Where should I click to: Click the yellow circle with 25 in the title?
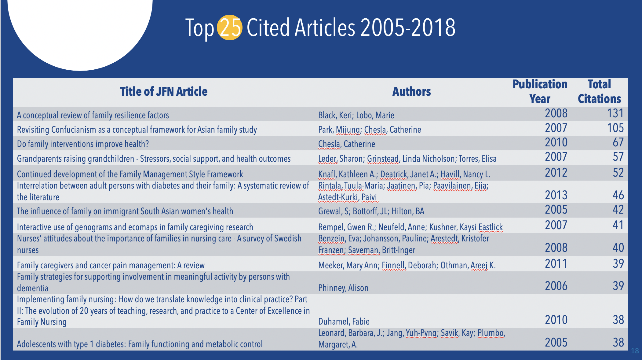(x=229, y=28)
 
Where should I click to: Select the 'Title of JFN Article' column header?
(x=164, y=92)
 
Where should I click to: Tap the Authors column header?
(x=411, y=92)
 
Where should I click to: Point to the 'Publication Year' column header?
(x=540, y=92)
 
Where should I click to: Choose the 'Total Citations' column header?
(x=599, y=92)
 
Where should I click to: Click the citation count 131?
(x=615, y=114)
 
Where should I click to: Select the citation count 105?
(x=615, y=128)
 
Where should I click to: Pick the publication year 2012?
(x=556, y=173)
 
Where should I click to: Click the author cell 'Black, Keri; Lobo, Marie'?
(x=356, y=116)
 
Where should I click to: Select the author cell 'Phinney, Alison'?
(x=343, y=288)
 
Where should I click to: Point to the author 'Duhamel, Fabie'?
(x=344, y=321)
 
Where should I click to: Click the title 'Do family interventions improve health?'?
(x=83, y=144)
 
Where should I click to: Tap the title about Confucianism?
(x=137, y=130)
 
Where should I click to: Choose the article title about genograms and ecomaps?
(x=135, y=227)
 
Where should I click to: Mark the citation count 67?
(x=618, y=143)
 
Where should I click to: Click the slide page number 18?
(x=635, y=351)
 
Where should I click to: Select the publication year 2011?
(x=556, y=264)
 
